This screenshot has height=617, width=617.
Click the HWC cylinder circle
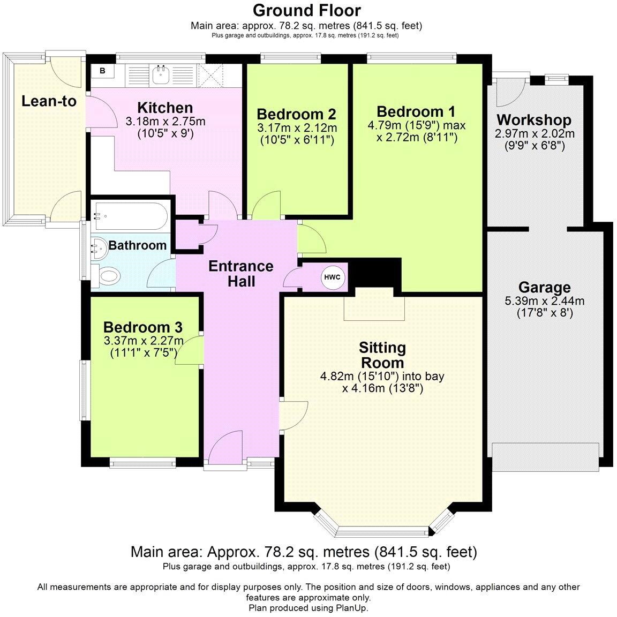pos(332,277)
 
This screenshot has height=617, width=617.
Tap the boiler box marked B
pos(102,71)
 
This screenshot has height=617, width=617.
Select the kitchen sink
pos(161,75)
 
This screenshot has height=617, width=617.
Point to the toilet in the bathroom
pos(105,276)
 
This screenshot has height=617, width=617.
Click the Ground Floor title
pos(306,11)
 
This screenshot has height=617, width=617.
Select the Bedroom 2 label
pos(296,114)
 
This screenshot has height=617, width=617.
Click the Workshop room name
pos(533,119)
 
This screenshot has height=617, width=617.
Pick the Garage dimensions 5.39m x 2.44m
pos(544,301)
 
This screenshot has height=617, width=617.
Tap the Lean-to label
pos(49,101)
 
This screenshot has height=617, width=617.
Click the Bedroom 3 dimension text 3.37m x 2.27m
pos(143,340)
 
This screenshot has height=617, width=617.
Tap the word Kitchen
pos(165,108)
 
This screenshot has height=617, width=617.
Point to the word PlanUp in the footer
pos(351,607)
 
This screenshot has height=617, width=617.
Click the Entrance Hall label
pos(241,274)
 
